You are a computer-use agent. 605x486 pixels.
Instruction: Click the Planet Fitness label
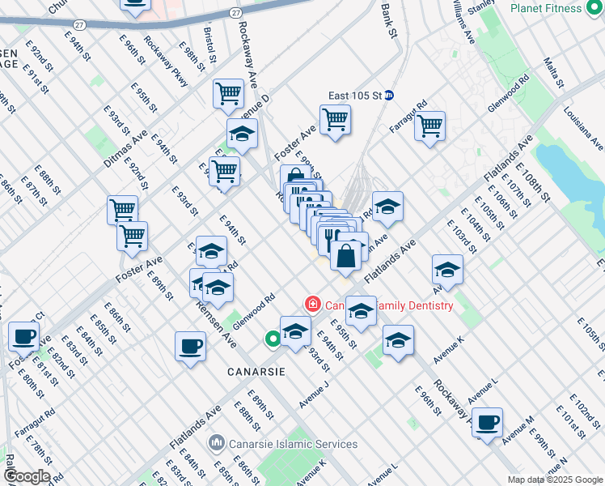pos(557,8)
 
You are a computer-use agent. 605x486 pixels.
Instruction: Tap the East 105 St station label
pos(354,96)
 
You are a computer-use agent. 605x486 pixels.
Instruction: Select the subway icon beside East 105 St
pos(388,96)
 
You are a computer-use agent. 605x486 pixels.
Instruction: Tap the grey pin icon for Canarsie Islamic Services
pos(216,443)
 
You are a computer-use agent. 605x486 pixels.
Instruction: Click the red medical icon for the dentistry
pos(312,305)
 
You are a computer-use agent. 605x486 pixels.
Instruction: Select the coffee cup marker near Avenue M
pos(487,422)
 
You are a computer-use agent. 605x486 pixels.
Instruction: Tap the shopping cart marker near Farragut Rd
pos(429,126)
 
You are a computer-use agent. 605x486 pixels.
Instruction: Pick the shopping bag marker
pos(345,256)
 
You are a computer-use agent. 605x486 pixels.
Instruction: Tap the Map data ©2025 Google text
pos(556,480)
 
